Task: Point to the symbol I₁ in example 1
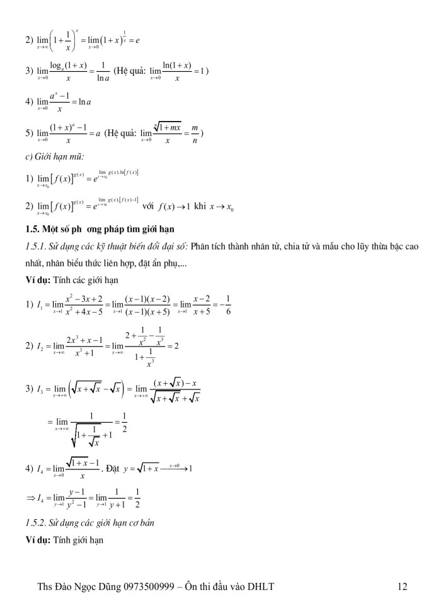39,287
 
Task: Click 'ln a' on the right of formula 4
87,102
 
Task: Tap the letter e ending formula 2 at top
137,40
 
